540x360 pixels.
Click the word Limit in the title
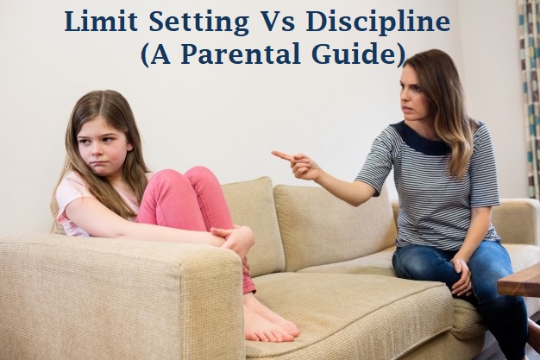(99, 21)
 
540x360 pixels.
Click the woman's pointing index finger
(281, 156)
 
